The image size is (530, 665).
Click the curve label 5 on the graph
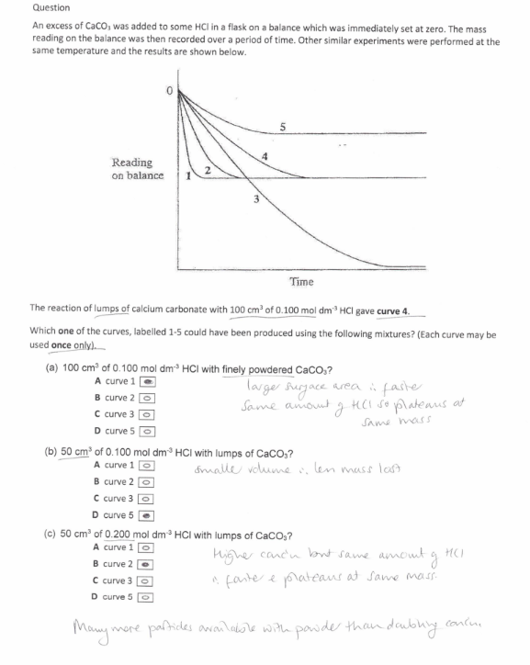(x=283, y=125)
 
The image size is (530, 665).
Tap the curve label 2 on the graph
(x=209, y=171)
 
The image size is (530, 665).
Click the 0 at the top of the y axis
(x=169, y=92)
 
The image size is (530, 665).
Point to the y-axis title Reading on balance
(x=133, y=169)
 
